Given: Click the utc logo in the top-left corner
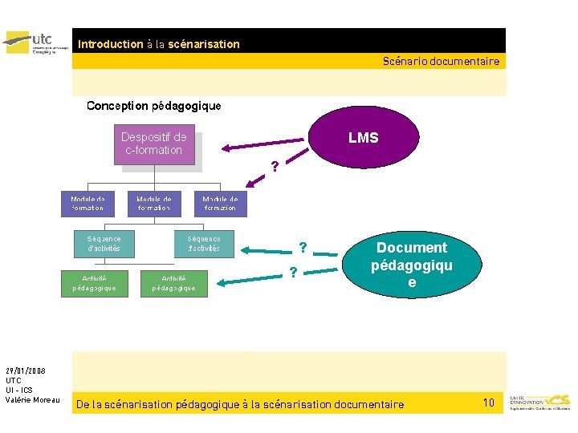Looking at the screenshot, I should coord(36,42).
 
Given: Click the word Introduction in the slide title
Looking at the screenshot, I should coord(110,44).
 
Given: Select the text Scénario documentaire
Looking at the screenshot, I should coord(441,61).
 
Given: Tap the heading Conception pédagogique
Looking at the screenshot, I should coord(153,106).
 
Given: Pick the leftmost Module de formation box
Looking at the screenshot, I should coord(88,204).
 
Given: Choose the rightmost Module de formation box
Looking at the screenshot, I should coord(220,204).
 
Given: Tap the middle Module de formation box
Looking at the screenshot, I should coord(153,204).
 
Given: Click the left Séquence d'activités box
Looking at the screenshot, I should coord(104,244).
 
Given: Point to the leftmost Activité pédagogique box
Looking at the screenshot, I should coord(94,283).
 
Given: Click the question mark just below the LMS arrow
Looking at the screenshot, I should coord(275,167).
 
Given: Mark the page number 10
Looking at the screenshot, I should coord(489,402).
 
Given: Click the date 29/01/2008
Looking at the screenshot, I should coord(26,370).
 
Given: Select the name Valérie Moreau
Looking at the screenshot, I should coord(32,400).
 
